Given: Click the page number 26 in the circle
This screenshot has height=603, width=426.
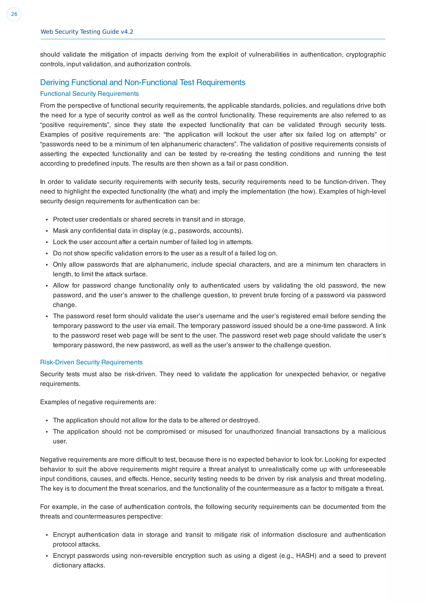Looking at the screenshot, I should point(14,14).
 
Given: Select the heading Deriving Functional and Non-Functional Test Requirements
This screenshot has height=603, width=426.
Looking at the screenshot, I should point(142,82).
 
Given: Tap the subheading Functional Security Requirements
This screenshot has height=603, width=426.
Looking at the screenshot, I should point(89,94).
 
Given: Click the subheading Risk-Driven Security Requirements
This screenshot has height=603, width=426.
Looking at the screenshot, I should point(91,362).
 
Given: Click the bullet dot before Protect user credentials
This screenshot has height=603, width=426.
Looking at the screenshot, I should point(47,220).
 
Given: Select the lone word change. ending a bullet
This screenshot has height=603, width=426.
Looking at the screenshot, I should point(64,305).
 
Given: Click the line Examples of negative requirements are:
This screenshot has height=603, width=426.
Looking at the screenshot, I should point(98,402).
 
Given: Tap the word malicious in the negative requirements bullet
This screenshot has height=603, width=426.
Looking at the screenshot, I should point(372,432).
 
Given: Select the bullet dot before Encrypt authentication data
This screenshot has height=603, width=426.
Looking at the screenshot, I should point(47,535).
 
